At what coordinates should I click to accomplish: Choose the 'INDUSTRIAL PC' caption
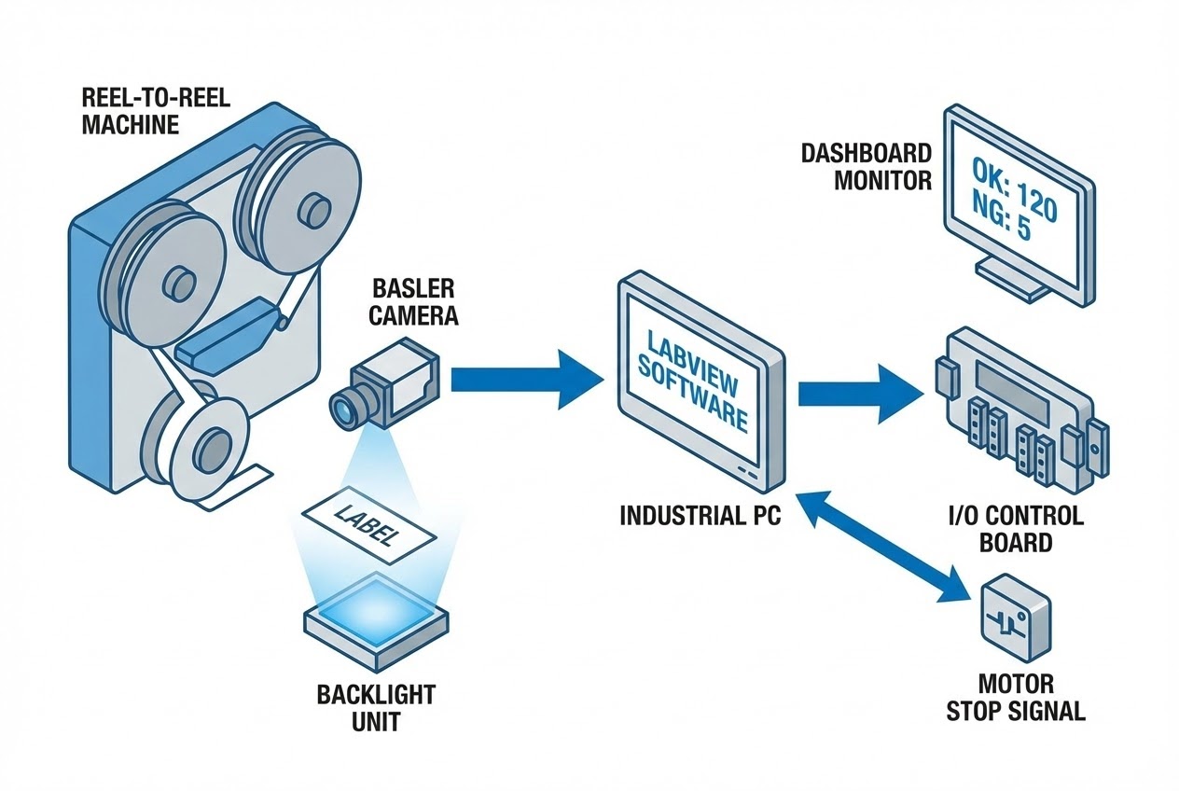700,515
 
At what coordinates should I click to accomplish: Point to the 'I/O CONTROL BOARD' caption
1016,528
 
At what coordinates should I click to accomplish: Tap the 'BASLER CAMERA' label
414,300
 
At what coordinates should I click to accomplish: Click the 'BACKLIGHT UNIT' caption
376,708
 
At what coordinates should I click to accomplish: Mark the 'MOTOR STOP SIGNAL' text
1016,697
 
